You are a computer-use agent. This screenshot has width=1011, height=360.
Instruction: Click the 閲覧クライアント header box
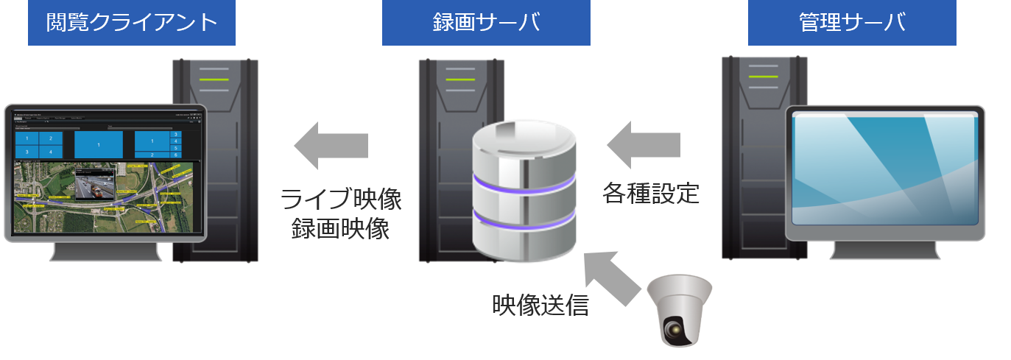(132, 23)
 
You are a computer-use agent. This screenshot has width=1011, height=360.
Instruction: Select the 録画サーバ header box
(486, 23)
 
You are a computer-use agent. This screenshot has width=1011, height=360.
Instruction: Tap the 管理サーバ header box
(851, 23)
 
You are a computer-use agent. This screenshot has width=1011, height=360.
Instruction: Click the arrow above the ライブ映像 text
(331, 145)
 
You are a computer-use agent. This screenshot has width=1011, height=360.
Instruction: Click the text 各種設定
(650, 193)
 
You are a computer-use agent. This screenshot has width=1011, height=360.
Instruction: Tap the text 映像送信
(540, 305)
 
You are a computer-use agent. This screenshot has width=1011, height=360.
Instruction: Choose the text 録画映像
(340, 230)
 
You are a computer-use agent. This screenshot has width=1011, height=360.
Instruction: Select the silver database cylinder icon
(522, 191)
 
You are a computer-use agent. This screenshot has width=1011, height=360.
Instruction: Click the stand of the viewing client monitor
(105, 251)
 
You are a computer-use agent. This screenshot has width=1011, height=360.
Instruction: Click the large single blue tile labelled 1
(99, 145)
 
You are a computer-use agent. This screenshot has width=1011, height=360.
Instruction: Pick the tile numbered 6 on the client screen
(175, 155)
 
